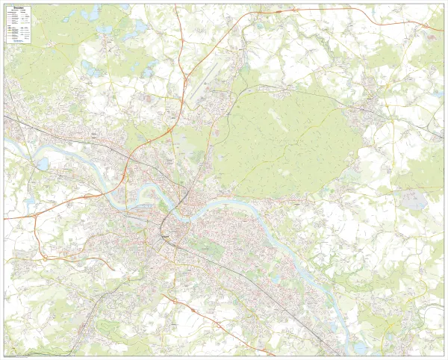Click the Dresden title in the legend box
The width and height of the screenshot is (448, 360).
[x=17, y=9]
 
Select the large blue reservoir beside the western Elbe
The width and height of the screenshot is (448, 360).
[x=42, y=163]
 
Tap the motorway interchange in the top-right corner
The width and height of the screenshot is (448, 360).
[x=429, y=26]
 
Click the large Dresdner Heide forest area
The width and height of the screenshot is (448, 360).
[x=284, y=134]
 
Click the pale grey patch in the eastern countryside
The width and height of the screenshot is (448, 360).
[x=413, y=199]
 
